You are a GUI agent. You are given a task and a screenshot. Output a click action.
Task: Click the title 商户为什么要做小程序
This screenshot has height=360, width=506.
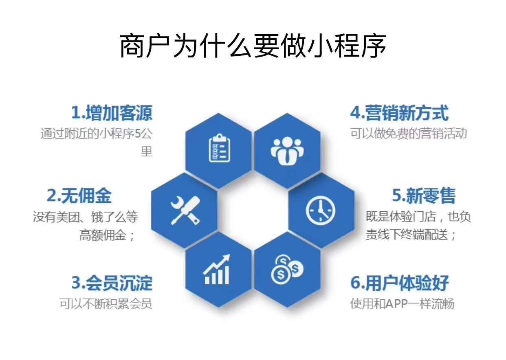point(253,46)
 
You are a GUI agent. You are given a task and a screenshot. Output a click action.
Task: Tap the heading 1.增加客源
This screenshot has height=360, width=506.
point(112,113)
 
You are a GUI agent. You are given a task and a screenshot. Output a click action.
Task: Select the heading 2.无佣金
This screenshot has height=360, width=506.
point(79,196)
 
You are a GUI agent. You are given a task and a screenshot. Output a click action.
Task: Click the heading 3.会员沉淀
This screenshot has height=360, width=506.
point(112,283)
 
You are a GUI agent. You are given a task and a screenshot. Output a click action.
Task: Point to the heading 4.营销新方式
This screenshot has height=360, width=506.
point(399,113)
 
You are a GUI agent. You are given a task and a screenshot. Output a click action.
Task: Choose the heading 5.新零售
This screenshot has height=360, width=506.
point(424,196)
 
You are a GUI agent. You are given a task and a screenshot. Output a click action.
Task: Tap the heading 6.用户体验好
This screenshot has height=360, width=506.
point(399,283)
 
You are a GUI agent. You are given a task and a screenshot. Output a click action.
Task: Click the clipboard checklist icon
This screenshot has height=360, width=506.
point(219,148)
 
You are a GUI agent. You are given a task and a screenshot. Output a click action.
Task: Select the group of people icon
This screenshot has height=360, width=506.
point(287,150)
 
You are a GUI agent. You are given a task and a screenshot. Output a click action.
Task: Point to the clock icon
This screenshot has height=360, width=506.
point(321,211)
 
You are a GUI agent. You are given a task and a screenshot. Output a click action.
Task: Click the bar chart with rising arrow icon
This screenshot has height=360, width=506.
point(217,270)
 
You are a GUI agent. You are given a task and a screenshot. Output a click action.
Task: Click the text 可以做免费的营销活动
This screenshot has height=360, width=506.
point(408,134)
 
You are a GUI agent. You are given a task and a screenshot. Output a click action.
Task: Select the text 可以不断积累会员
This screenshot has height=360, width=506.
point(106,304)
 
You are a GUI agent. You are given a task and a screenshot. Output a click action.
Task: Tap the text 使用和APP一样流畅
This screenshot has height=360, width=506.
point(402,304)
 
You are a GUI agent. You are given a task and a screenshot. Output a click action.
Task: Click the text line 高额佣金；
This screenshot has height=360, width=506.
point(107,236)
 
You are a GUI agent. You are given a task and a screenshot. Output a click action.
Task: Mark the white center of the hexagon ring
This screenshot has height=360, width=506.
point(253,210)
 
